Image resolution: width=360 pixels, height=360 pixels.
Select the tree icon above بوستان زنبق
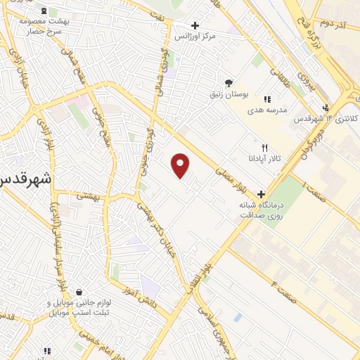click(x=227, y=82)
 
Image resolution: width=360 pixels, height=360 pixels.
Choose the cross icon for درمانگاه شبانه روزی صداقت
click(x=262, y=193)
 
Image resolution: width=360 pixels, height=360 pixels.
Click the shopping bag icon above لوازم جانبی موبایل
click(x=79, y=292)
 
